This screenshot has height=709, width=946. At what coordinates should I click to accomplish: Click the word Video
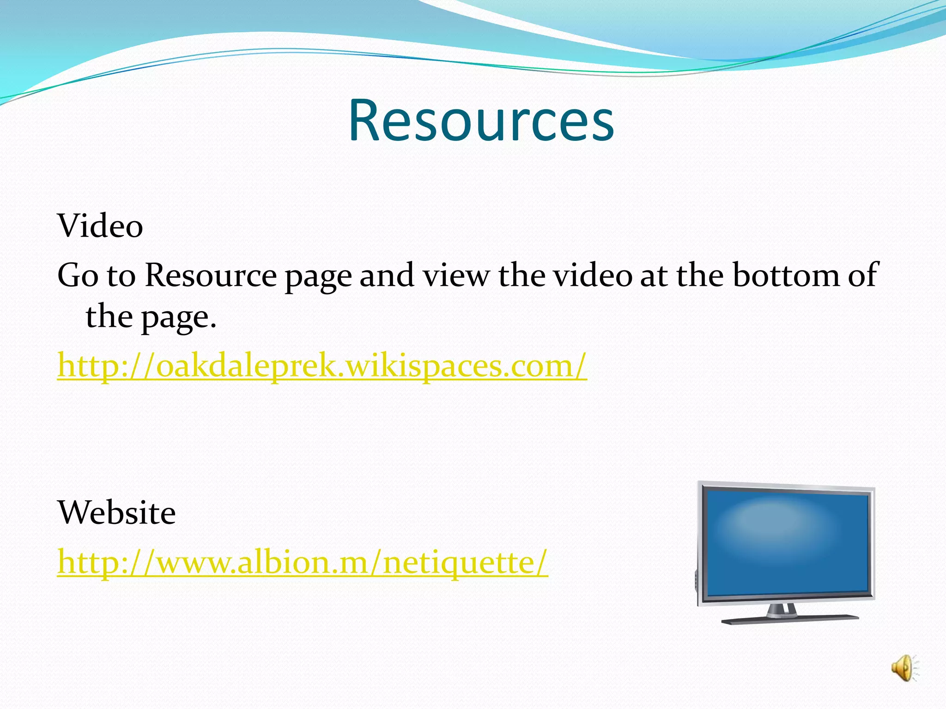pyautogui.click(x=100, y=226)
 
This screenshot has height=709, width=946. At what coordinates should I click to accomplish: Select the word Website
pyautogui.click(x=116, y=513)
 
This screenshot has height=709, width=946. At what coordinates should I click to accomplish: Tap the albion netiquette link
pyautogui.click(x=303, y=562)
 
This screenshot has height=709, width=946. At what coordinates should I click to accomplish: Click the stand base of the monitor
pyautogui.click(x=790, y=619)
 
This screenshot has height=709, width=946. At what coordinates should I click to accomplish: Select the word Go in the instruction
pyautogui.click(x=78, y=276)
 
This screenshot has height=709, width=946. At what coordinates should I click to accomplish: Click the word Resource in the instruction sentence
pyautogui.click(x=211, y=276)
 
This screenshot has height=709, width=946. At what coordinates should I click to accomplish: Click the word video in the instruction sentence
pyautogui.click(x=593, y=276)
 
